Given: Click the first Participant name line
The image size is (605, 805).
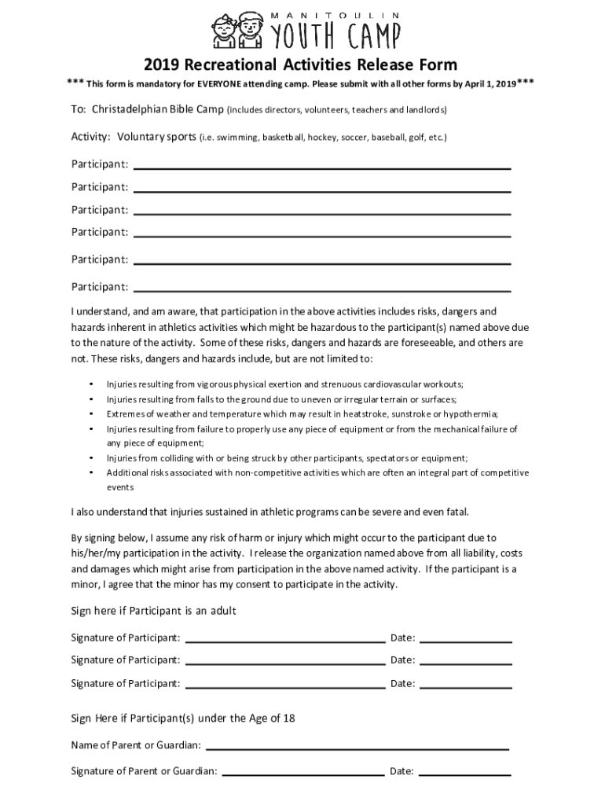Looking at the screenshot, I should [322, 167].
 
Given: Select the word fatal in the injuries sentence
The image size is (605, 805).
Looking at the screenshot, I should [456, 513].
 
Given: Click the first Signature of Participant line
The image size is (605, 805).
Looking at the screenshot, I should [284, 641].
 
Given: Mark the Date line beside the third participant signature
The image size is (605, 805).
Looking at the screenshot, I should [465, 687].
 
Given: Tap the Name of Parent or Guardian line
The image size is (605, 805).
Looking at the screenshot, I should [357, 748].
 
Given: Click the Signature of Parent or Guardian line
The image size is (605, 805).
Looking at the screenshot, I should [302, 774].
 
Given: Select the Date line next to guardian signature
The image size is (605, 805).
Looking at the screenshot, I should [465, 774].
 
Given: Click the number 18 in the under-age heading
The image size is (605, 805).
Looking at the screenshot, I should [288, 719].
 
